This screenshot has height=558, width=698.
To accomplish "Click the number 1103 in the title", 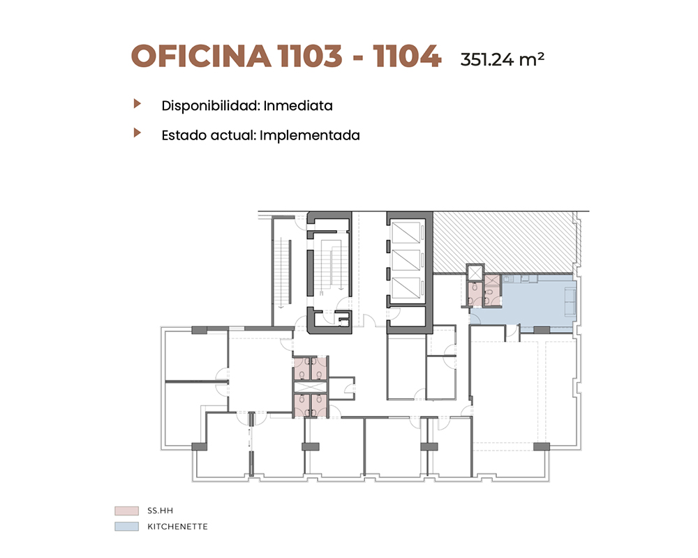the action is (x=309, y=56).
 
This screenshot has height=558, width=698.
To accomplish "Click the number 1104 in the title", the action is (x=407, y=56).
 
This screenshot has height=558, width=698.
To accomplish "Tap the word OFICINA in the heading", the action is (x=201, y=56).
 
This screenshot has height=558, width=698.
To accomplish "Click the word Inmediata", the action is (x=298, y=106).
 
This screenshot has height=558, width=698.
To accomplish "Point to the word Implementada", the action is (x=309, y=136).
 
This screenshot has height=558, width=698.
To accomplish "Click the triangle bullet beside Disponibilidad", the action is (x=138, y=104).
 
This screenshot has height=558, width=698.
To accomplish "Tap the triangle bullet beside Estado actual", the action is (x=138, y=133).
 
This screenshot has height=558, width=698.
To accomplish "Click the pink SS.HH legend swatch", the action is (x=126, y=511).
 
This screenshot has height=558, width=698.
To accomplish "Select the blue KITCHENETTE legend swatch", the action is (x=126, y=527).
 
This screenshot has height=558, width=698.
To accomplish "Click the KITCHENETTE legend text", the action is (x=177, y=527).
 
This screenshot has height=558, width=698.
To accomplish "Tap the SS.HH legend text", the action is (x=161, y=511).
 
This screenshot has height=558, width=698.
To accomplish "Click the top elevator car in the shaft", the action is (x=406, y=233).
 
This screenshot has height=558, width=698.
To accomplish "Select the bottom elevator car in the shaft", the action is (x=406, y=287).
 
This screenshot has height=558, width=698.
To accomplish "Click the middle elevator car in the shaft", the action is (x=406, y=260).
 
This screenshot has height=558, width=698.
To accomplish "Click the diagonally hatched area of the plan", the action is (x=503, y=243).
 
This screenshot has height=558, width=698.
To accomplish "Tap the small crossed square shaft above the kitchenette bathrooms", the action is (x=475, y=273).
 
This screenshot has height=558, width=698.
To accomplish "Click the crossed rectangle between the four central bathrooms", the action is (x=311, y=387).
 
